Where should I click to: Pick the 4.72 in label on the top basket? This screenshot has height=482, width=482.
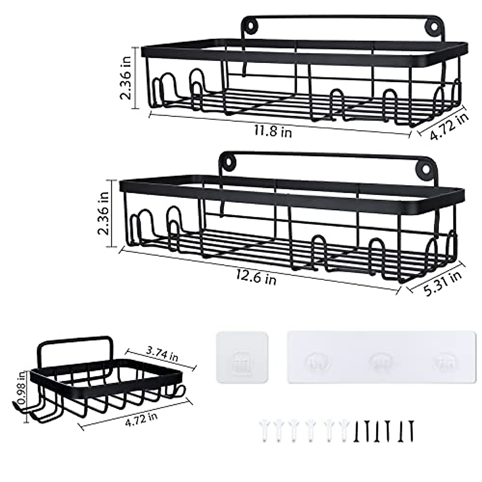pos(449,126)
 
